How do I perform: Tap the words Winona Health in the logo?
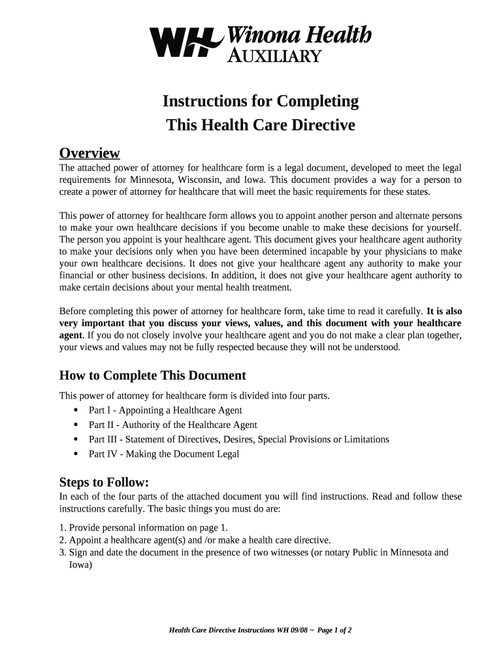pyautogui.click(x=299, y=34)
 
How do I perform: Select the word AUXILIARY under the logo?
pyautogui.click(x=274, y=56)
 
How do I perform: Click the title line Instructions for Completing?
pyautogui.click(x=261, y=101)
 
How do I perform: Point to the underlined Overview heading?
pyautogui.click(x=89, y=153)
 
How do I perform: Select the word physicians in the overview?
pyautogui.click(x=387, y=252)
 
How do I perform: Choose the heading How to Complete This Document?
pyautogui.click(x=152, y=376)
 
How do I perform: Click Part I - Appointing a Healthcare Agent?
pyautogui.click(x=165, y=410)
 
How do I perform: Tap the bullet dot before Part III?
pyautogui.click(x=76, y=440)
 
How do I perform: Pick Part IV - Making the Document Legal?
pyautogui.click(x=164, y=454)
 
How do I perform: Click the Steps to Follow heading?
pyautogui.click(x=105, y=483)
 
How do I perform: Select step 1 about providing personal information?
pyautogui.click(x=143, y=528)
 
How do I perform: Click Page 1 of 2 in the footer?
pyautogui.click(x=334, y=630)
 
